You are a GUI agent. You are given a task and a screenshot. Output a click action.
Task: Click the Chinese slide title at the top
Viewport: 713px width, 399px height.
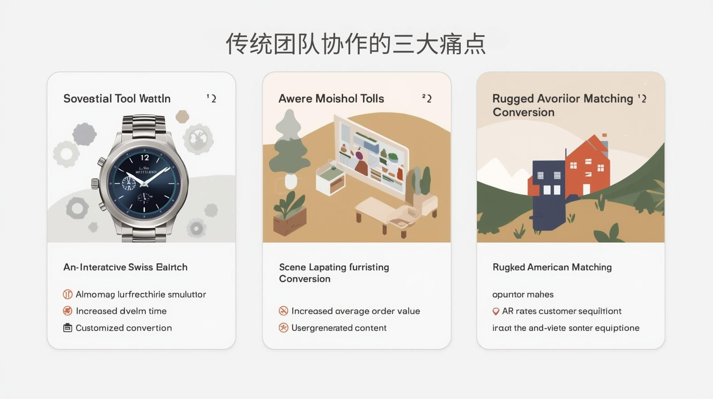click(x=356, y=44)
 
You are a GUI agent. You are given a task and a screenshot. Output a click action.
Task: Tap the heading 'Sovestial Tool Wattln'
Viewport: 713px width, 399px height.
click(x=117, y=98)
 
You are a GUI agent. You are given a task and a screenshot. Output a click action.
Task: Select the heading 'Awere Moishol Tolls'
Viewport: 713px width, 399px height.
click(x=331, y=98)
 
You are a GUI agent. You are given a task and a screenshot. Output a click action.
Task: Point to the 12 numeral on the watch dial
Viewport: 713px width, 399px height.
click(x=145, y=158)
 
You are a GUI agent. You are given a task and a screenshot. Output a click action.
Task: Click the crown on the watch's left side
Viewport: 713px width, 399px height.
click(x=95, y=183)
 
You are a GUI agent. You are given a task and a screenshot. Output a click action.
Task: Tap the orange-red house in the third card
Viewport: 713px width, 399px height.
click(x=586, y=167)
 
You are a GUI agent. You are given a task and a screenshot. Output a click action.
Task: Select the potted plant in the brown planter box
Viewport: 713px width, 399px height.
click(x=290, y=214)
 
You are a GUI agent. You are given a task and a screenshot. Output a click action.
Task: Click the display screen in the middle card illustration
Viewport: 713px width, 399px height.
click(x=372, y=156)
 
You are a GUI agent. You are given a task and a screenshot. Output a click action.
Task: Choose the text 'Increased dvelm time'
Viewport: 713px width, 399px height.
click(x=121, y=311)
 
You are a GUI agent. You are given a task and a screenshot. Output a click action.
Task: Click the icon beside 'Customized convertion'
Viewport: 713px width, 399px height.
click(x=68, y=328)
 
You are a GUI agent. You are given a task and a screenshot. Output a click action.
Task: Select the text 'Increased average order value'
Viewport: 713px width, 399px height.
click(x=356, y=311)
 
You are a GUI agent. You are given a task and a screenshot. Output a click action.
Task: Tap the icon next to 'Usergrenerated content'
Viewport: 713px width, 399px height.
click(x=283, y=328)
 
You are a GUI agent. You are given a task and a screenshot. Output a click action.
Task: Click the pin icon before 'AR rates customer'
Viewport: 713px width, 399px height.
click(x=496, y=311)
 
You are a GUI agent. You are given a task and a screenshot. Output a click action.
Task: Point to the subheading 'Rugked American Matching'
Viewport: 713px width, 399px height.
click(x=552, y=267)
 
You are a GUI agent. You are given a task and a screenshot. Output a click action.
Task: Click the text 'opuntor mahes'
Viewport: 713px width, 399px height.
click(x=523, y=294)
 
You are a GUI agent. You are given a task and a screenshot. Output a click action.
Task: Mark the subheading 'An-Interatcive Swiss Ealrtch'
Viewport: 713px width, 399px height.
click(x=125, y=267)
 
